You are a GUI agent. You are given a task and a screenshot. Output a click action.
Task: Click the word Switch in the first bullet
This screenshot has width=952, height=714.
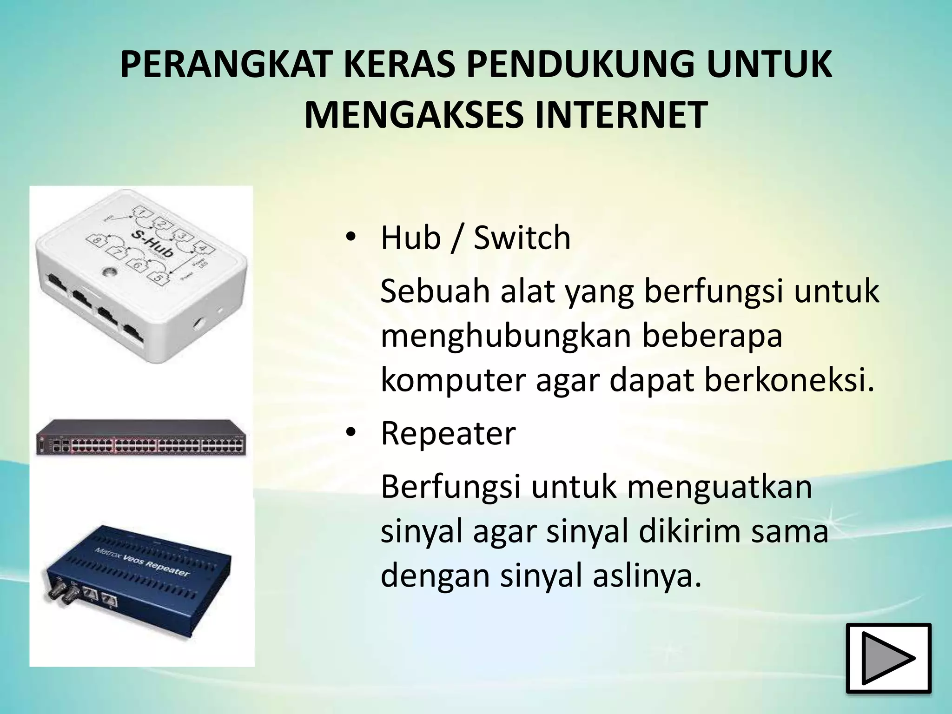point(522,238)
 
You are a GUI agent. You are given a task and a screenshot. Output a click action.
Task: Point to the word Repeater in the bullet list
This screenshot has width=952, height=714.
point(448,433)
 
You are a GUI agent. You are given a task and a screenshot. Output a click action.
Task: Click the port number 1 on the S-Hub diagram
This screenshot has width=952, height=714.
point(143,213)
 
